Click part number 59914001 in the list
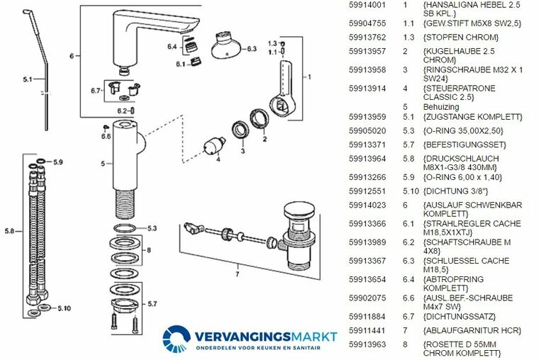click(366, 5)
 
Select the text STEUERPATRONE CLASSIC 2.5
click(458, 93)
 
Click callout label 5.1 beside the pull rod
click(27, 80)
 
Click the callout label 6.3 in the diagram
click(252, 49)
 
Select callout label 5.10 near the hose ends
click(64, 308)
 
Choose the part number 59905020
click(366, 131)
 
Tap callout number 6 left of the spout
click(71, 55)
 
